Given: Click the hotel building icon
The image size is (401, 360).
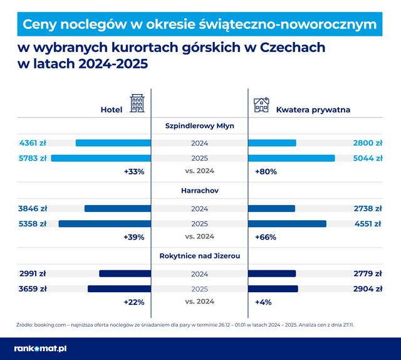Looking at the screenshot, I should click(x=137, y=105).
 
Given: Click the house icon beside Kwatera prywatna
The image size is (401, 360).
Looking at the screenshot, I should click(x=261, y=105).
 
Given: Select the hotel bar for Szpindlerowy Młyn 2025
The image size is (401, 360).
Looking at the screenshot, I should click(x=101, y=158).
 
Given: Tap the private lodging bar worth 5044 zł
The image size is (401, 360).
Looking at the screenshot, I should click(x=291, y=158).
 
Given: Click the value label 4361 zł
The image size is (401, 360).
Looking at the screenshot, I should click(x=33, y=143).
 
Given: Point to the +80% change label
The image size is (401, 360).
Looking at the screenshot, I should click(x=266, y=171).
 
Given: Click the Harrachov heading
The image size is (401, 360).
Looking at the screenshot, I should click(x=200, y=191).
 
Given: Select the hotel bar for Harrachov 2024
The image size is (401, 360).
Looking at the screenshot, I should click(x=118, y=208).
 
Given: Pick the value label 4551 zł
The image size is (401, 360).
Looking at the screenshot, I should click(x=367, y=223).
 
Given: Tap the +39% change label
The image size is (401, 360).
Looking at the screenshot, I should click(x=134, y=236).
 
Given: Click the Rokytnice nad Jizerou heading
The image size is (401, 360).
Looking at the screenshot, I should click(x=200, y=256).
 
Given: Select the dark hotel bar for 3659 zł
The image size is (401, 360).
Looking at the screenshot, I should click(x=119, y=289).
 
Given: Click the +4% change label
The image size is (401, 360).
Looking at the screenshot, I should click(x=263, y=302).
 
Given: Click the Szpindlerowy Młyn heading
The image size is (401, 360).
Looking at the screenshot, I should click(x=200, y=125).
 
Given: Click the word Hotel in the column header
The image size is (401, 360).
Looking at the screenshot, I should click(x=112, y=110).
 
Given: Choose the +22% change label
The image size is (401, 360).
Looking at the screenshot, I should click(x=134, y=302).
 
